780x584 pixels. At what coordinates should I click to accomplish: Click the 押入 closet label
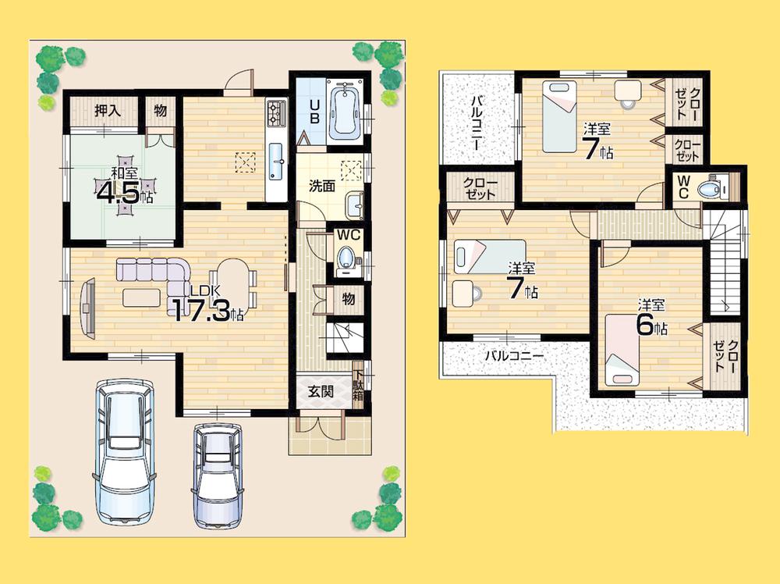point(107,110)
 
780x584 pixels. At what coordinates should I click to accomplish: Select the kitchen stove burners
point(276,114)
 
